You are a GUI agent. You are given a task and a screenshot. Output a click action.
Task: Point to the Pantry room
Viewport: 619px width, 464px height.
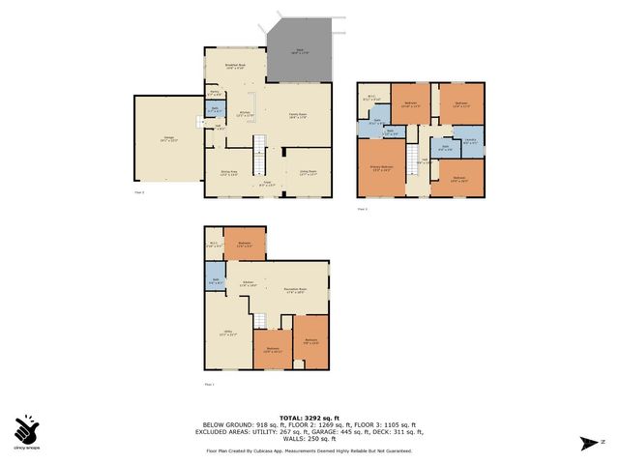pos(214,93)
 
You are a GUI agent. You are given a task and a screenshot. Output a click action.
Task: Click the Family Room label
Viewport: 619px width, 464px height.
pos(299,115)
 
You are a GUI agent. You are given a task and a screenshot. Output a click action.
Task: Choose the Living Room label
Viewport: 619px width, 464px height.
pos(307,172)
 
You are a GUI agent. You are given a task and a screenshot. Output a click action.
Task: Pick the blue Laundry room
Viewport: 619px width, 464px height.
pos(471,141)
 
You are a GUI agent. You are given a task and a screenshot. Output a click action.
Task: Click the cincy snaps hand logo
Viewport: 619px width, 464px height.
pos(26,428)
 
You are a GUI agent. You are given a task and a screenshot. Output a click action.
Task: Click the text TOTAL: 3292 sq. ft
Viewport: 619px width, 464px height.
pos(309,416)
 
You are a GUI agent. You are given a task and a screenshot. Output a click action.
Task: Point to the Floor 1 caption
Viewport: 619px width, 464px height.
pos(209,384)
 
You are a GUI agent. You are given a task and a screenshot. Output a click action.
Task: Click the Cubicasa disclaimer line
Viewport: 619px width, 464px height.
pos(309,450)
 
